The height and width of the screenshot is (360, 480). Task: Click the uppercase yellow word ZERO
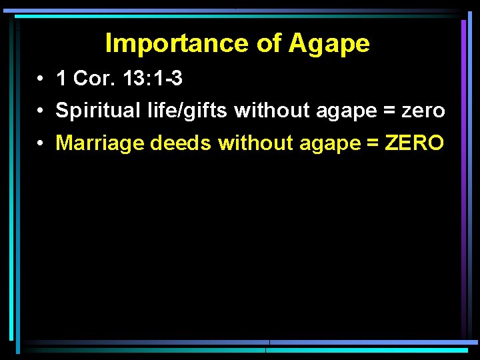[414, 143]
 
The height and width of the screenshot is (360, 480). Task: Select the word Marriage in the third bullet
[100, 143]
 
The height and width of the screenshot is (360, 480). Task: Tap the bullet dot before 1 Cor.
[41, 79]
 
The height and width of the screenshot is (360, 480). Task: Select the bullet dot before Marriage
[41, 143]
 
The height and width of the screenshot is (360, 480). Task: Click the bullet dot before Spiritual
[41, 111]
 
